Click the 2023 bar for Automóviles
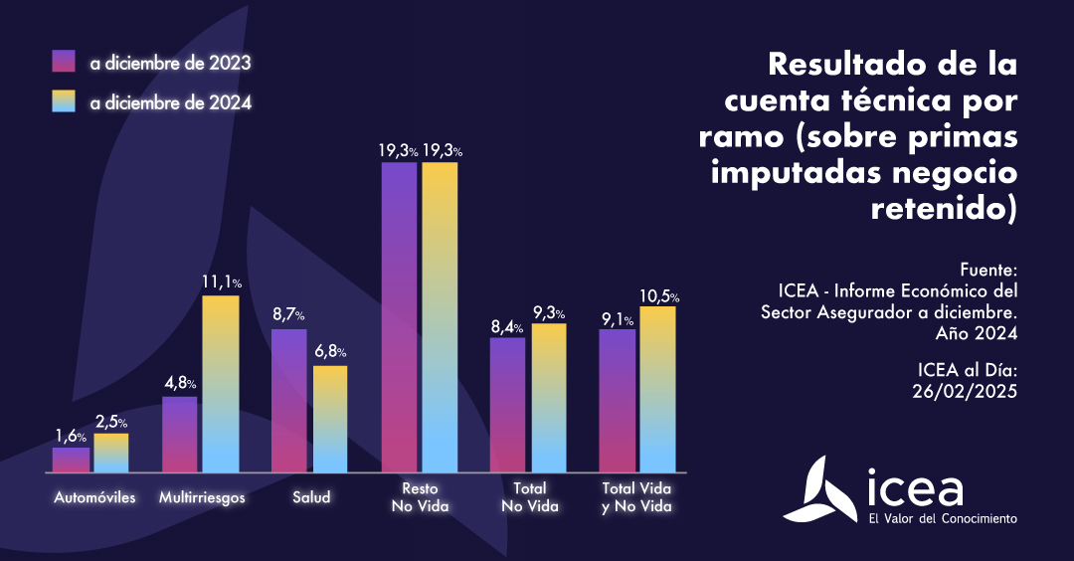pos(71,460)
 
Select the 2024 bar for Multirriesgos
pos(221,384)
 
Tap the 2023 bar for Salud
pos(289,400)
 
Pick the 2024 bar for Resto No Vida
pos(440,316)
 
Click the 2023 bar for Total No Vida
pos(508,405)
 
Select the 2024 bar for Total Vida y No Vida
pos(657,389)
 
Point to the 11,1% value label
pos(221,282)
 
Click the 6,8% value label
pos(330,352)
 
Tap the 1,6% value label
pos(71,435)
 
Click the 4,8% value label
pos(180,383)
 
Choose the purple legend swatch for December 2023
pos(64,62)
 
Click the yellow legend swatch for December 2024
pos(64,101)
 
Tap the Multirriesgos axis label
pos(202,496)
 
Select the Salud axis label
pos(311,496)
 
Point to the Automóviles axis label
pos(94,496)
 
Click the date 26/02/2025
pos(964,390)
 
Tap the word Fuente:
pos(989,270)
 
